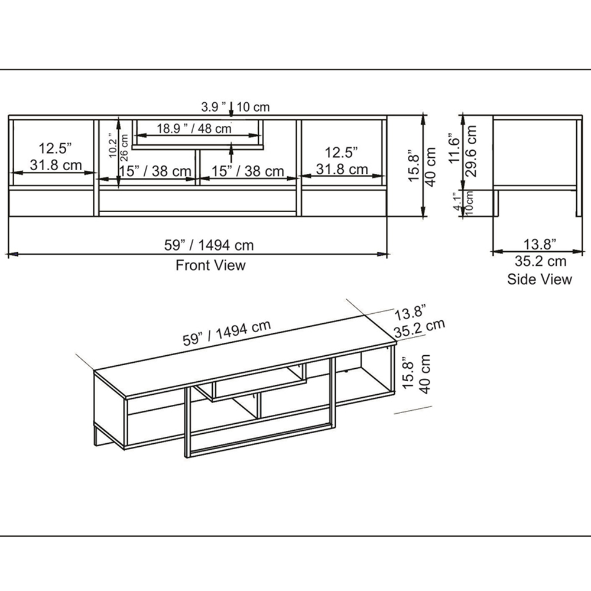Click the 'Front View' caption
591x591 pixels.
pos(210,265)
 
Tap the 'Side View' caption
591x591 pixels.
pos(539,279)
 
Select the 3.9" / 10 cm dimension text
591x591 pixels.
pos(235,107)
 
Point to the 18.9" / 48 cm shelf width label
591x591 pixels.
pos(194,128)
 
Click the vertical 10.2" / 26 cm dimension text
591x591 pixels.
pos(118,145)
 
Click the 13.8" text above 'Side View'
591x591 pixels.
pos(540,242)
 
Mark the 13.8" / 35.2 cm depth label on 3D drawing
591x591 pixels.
pos(418,322)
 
